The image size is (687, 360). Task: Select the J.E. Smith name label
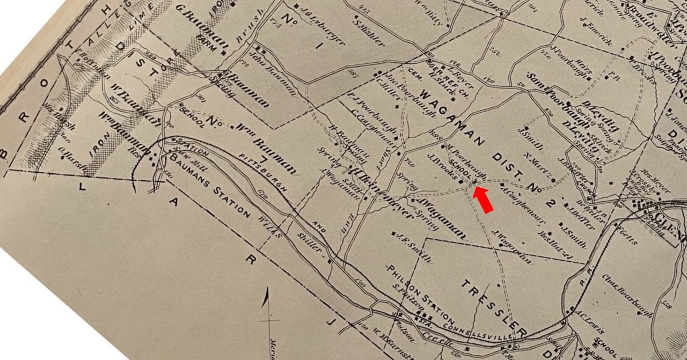pos(414,248)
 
